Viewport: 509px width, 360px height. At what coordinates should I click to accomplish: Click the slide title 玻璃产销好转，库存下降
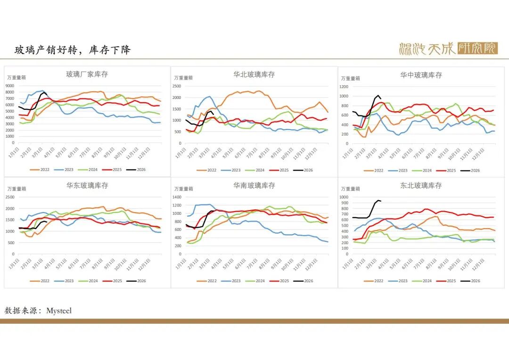click(x=72, y=50)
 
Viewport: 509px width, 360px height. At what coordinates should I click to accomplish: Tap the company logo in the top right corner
click(x=448, y=49)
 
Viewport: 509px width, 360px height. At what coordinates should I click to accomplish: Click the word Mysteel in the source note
click(x=59, y=311)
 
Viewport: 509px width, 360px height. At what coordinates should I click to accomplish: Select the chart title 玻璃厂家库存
click(x=87, y=74)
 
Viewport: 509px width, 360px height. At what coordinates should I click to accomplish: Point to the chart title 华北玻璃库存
click(x=254, y=74)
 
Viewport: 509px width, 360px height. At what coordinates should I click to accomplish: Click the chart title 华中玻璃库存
click(x=421, y=75)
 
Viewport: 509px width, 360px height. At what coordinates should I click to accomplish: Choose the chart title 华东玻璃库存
click(x=87, y=186)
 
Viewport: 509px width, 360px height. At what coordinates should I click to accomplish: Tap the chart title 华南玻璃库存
click(x=254, y=186)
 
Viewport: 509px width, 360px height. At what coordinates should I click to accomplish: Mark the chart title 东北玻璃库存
click(x=421, y=186)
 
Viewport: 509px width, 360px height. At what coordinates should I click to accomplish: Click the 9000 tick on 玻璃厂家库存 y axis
click(x=10, y=86)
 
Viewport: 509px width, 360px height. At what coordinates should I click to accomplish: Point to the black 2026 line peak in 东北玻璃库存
click(x=378, y=200)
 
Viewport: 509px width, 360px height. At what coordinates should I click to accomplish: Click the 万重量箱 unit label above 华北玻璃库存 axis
click(x=183, y=78)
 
